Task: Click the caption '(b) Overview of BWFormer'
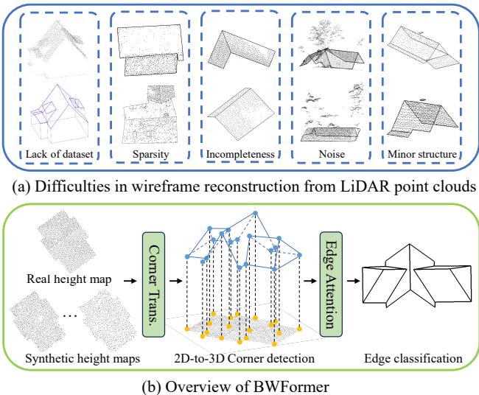tap(239, 383)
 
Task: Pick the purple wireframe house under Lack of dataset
tap(59, 116)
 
